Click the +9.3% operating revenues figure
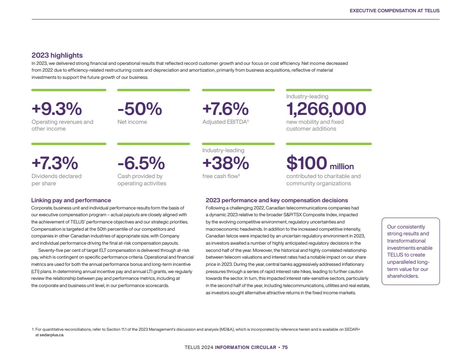[57, 109]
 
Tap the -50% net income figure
[140, 109]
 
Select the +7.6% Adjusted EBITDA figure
[226, 109]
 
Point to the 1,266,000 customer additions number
[326, 109]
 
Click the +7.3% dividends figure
[55, 163]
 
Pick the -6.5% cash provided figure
[141, 163]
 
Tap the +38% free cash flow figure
[226, 163]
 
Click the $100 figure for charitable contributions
[307, 163]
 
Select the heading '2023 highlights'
[57, 55]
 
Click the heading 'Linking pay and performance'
[71, 200]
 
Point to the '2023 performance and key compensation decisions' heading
[277, 200]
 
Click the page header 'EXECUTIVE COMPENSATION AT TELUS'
[394, 11]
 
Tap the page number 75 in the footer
[285, 347]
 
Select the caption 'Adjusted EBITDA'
[225, 122]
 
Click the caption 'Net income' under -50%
[132, 122]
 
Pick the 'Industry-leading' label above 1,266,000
[307, 96]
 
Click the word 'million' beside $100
[342, 166]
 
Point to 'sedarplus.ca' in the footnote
[52, 335]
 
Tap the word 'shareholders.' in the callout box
[403, 276]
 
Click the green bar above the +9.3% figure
[69, 90]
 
